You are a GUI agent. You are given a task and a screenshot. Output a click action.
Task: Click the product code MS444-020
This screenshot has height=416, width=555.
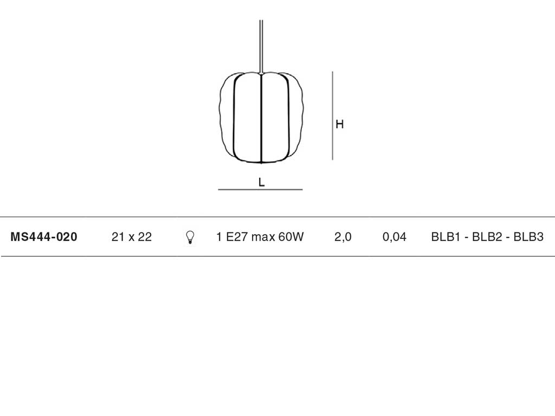point(44,237)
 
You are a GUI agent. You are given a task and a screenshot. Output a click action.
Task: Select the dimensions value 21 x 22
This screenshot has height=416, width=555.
point(131,237)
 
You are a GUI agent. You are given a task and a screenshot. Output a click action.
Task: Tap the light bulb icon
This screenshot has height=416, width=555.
point(190,237)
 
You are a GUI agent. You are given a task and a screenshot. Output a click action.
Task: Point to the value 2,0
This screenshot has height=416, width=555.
point(343,237)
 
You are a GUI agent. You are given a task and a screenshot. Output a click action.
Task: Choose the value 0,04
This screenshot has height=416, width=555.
point(395,237)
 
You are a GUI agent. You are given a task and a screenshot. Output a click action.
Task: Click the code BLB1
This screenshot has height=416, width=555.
point(446,237)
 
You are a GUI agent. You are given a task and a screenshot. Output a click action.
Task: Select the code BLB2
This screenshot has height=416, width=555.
point(487,237)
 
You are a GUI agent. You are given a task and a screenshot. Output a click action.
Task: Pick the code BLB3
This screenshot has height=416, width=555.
point(528,237)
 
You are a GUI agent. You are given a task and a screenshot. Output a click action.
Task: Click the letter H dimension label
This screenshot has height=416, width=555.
point(339,124)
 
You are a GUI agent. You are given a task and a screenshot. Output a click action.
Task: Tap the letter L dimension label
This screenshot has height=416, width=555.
point(262,182)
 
